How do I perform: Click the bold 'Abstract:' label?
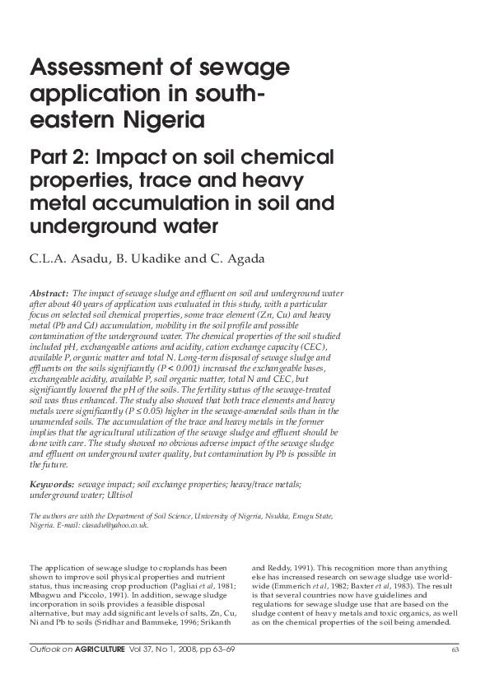[49, 293]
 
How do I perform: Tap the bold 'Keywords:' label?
[51, 486]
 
